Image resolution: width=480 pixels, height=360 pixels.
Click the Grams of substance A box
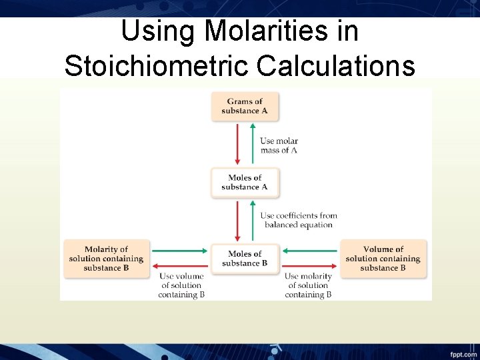[245, 106]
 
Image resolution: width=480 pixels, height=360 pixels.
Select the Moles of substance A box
[245, 182]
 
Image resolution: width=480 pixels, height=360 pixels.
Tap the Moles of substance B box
[245, 259]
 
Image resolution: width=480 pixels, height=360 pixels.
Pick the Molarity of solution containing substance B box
[106, 259]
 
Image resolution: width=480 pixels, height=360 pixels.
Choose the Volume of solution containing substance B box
[383, 259]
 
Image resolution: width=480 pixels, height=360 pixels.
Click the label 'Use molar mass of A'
[279, 145]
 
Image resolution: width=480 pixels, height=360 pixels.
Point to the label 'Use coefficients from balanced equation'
[298, 220]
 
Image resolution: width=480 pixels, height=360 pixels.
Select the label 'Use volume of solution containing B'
[181, 285]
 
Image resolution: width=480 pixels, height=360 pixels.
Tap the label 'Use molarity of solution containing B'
[308, 285]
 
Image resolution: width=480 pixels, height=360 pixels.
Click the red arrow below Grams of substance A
[237, 143]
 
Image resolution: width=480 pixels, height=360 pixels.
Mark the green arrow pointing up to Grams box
[253, 143]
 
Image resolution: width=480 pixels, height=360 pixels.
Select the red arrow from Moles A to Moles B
[237, 220]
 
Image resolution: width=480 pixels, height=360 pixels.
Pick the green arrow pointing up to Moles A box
[253, 220]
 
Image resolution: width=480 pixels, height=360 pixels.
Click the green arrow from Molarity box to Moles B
[179, 251]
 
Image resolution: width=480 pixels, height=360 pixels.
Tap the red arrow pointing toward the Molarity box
[179, 266]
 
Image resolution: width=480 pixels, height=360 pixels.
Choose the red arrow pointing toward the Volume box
[311, 266]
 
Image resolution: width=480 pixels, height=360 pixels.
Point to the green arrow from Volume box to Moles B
[311, 251]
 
